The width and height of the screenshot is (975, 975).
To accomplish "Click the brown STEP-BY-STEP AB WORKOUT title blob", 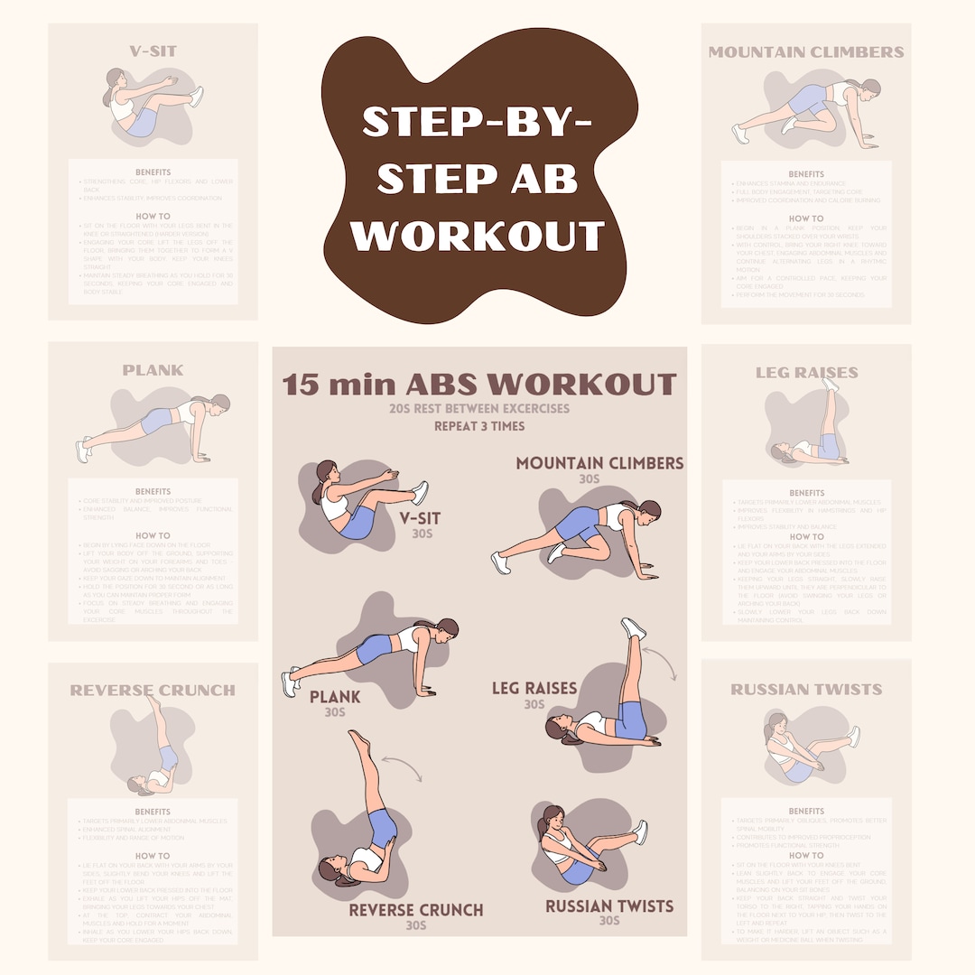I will [x=478, y=181].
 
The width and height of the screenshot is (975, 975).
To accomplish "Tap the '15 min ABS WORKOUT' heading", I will [x=478, y=384].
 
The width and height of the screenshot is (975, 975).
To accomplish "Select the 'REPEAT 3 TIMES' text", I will [x=478, y=426].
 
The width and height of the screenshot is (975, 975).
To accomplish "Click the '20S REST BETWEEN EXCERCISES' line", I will [x=478, y=408].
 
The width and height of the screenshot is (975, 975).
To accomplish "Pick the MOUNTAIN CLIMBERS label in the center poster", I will [x=599, y=463].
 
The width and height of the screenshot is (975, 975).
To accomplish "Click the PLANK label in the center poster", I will [x=335, y=697].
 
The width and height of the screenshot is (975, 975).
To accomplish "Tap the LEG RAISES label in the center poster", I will [x=534, y=688].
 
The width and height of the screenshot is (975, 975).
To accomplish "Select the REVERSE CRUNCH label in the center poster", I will [x=416, y=909].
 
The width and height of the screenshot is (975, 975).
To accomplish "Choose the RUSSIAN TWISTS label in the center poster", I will [x=609, y=905].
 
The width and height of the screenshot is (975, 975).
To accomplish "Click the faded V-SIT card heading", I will [x=153, y=51].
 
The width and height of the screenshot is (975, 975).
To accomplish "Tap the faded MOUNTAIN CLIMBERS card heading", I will [x=805, y=51].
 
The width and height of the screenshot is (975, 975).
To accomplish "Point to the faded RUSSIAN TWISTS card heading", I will [x=805, y=690].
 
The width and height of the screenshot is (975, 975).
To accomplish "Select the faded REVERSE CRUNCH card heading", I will [x=153, y=691].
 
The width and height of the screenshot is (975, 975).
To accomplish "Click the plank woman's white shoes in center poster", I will [x=289, y=682].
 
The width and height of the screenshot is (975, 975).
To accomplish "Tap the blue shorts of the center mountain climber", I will [x=576, y=524].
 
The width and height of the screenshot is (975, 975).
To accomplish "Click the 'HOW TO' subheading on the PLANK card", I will [x=153, y=535].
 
